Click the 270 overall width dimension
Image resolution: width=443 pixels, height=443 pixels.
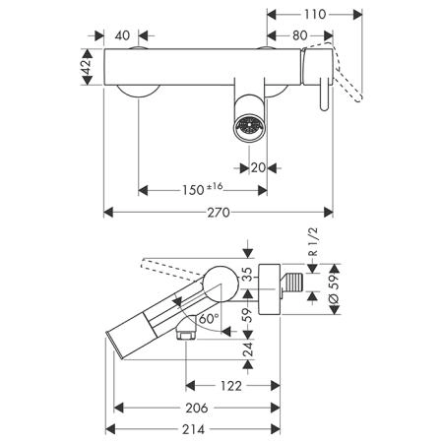[x=219, y=213]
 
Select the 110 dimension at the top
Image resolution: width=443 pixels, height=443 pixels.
[x=315, y=15]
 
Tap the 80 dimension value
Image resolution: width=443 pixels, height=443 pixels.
[x=300, y=35]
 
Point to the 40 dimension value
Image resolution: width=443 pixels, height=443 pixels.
[x=122, y=35]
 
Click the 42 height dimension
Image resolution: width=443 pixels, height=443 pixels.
[x=87, y=67]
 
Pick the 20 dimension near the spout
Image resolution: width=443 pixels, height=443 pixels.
[x=258, y=168]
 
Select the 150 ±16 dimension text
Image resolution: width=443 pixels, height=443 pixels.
[x=203, y=189]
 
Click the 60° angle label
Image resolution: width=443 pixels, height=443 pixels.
[x=209, y=318]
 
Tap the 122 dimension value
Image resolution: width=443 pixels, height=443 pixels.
[x=231, y=386]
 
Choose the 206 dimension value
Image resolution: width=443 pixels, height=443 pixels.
[x=197, y=408]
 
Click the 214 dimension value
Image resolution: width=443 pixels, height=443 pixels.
[x=193, y=429]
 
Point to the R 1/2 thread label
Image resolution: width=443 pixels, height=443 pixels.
[x=314, y=242]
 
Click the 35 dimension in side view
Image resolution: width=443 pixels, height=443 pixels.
[x=248, y=274]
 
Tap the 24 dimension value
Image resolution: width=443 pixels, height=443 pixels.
[x=248, y=349]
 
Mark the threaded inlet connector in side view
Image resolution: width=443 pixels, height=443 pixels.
[x=291, y=283]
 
